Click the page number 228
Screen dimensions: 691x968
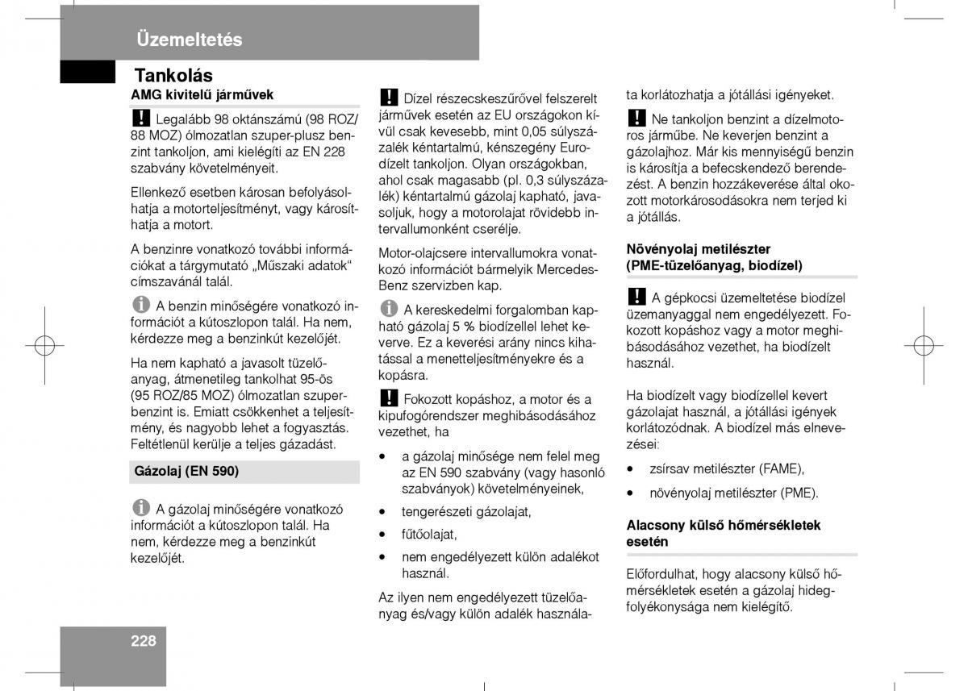tap(144, 642)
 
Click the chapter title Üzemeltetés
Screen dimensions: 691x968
tap(189, 40)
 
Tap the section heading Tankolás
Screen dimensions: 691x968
tap(173, 75)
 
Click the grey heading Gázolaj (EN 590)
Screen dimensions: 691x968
tap(186, 471)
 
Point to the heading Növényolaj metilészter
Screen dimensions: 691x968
tap(699, 249)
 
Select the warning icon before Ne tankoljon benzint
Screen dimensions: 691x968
tap(636, 119)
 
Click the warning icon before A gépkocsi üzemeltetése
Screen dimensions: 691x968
tap(636, 297)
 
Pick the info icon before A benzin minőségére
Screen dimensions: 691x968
tap(141, 306)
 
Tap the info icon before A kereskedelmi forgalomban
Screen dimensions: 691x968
tap(389, 309)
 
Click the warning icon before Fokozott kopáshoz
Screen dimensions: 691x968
tap(389, 398)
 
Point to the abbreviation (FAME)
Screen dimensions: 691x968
tap(780, 468)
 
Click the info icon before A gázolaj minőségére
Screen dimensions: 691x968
tap(141, 508)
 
